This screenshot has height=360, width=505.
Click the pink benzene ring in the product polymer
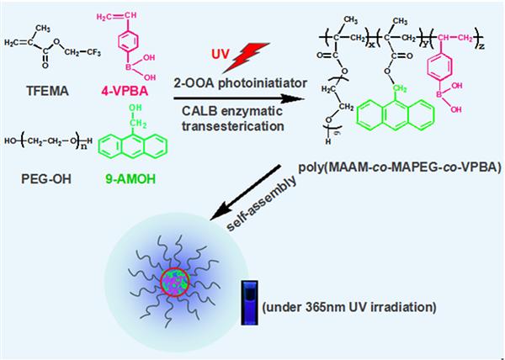point(452,98)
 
